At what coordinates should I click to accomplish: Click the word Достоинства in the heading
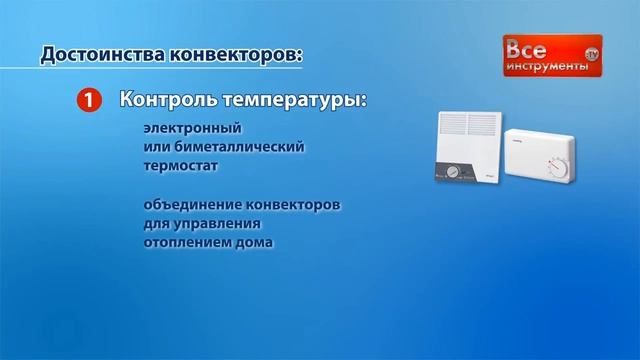[99, 53]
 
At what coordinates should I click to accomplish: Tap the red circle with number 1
[89, 100]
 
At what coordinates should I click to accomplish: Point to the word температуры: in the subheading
[290, 101]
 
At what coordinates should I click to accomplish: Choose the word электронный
[193, 130]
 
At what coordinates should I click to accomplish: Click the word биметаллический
[235, 147]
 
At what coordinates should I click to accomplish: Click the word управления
[219, 223]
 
